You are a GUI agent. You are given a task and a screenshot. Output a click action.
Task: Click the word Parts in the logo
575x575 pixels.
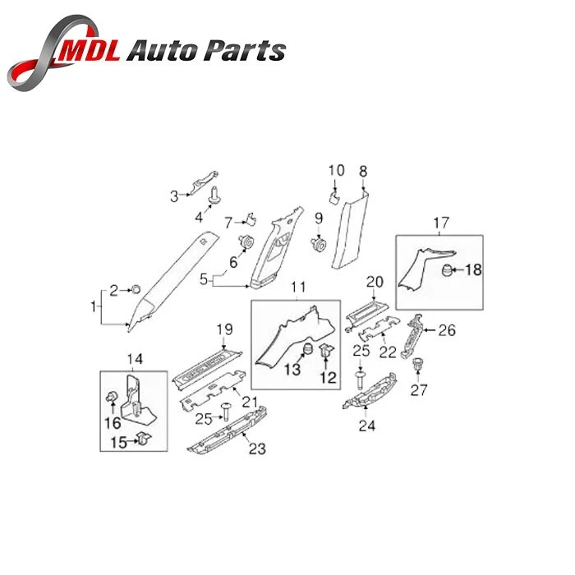[x=245, y=50]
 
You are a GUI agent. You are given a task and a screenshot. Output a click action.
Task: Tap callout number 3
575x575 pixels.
[x=174, y=196]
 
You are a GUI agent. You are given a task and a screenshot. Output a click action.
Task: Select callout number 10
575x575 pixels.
[x=336, y=170]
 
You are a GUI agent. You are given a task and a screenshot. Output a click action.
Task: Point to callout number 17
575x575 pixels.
[x=441, y=223]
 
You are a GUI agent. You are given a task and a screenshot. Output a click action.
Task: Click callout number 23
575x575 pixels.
[x=257, y=448]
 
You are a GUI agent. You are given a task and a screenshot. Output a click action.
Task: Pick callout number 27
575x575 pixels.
[x=419, y=390]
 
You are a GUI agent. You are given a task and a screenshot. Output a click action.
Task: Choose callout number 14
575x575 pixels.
[x=135, y=359]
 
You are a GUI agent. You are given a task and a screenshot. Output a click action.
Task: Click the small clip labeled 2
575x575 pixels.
[x=136, y=289]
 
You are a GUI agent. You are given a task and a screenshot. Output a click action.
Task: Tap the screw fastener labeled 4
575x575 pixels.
[x=213, y=195]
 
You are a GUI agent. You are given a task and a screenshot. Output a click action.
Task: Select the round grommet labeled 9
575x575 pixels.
[x=319, y=244]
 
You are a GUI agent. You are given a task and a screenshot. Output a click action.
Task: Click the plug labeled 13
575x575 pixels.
[x=307, y=349]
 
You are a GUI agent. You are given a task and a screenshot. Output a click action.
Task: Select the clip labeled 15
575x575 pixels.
[x=144, y=438]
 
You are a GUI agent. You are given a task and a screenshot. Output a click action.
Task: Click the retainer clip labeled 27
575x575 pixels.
[x=417, y=364]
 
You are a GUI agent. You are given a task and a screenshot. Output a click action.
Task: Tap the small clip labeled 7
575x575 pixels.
[x=251, y=219]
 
